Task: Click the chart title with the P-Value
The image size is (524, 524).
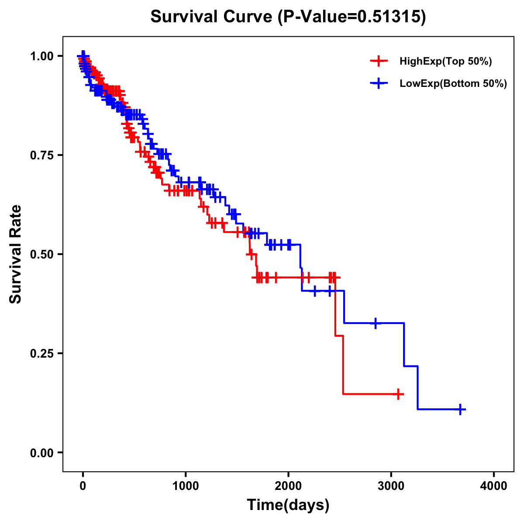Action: (288, 17)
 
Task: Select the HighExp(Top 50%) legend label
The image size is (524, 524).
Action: (445, 62)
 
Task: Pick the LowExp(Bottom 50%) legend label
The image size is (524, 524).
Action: (453, 83)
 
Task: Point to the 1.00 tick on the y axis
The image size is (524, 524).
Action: (41, 56)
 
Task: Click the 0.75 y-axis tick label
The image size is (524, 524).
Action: (41, 155)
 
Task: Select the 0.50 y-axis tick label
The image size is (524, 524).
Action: (41, 255)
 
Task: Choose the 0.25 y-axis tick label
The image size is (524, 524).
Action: (41, 354)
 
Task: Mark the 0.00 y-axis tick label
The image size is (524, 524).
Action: (41, 453)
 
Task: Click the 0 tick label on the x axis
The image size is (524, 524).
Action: (83, 486)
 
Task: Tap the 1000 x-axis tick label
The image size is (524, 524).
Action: (186, 486)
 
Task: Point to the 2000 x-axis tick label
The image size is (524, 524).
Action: (288, 486)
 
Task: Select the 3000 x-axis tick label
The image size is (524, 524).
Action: (391, 486)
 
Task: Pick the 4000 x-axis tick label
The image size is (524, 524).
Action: (494, 486)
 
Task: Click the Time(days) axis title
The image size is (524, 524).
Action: (288, 505)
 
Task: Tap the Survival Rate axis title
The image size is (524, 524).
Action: (16, 254)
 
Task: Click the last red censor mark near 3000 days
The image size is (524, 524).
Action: (398, 394)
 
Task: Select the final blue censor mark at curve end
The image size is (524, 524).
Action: (460, 409)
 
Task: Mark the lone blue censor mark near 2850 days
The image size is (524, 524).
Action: (375, 323)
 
